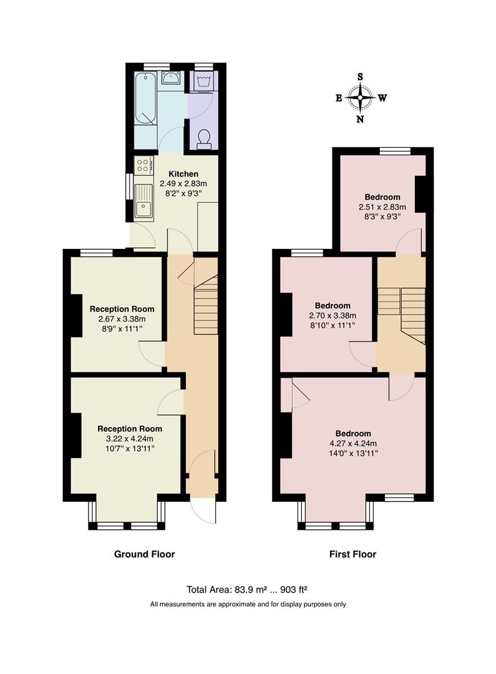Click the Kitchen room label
click(183, 174)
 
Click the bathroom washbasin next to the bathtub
click(171, 79)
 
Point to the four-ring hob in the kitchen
click(143, 165)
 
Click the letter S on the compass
click(360, 77)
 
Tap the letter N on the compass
click(360, 119)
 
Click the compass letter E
click(339, 99)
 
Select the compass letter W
click(382, 98)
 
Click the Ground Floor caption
click(144, 554)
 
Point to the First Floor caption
click(353, 554)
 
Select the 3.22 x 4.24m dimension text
click(129, 439)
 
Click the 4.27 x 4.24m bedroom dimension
click(353, 444)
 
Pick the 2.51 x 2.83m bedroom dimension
click(382, 207)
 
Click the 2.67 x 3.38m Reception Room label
click(122, 319)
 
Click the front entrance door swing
click(203, 510)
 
